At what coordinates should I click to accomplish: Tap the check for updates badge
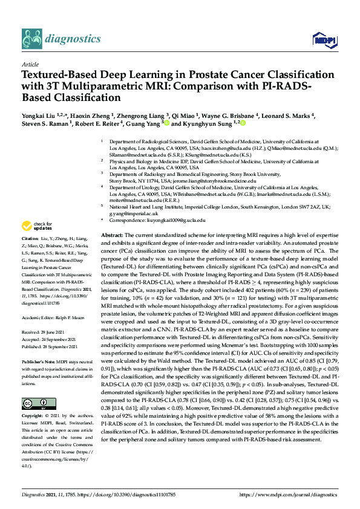point(36,227)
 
